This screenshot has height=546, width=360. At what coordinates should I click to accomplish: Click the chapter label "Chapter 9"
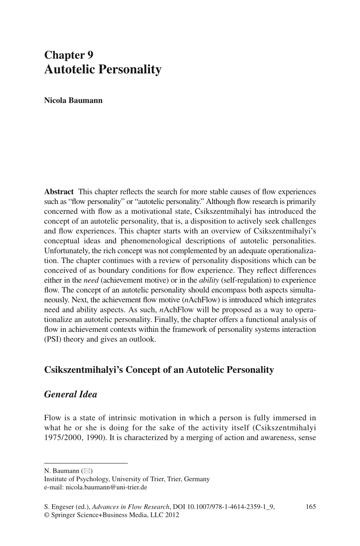(69, 55)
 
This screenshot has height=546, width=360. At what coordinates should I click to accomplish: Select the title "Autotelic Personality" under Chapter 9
(103, 69)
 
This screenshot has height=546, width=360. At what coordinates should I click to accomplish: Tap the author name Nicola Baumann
(73, 101)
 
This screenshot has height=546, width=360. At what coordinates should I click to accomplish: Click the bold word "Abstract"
(59, 191)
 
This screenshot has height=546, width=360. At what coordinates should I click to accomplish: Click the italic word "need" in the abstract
(90, 280)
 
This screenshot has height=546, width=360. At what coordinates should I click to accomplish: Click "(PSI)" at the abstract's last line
(53, 339)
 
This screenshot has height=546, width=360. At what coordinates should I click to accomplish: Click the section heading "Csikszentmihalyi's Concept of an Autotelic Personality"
(159, 370)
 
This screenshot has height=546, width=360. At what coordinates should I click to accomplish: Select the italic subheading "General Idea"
(71, 394)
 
